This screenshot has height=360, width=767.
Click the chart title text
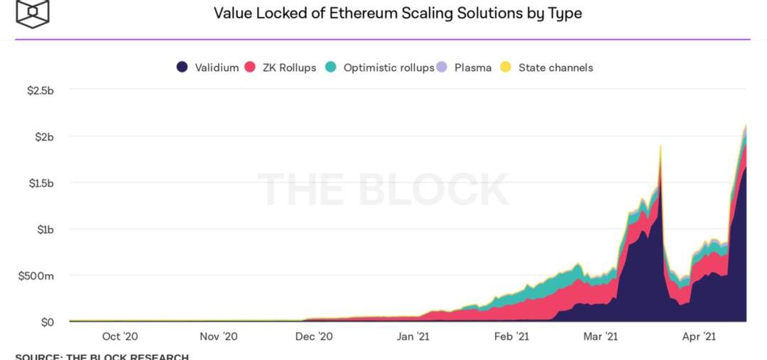(398, 13)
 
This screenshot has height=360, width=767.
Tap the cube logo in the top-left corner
(32, 13)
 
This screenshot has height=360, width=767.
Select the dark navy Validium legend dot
(182, 67)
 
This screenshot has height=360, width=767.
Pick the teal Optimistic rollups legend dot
(330, 67)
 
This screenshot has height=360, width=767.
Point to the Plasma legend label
(472, 67)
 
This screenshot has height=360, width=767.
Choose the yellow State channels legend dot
(506, 67)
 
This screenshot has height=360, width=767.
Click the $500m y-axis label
(36, 276)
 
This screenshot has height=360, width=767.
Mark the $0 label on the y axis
(47, 322)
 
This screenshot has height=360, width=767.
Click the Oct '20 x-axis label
(120, 337)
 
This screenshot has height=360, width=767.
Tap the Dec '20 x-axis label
(314, 337)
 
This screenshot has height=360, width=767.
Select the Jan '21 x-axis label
(413, 337)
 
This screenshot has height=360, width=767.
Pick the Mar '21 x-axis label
(601, 337)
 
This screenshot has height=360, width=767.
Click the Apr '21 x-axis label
(699, 337)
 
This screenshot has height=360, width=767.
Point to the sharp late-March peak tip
(660, 146)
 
